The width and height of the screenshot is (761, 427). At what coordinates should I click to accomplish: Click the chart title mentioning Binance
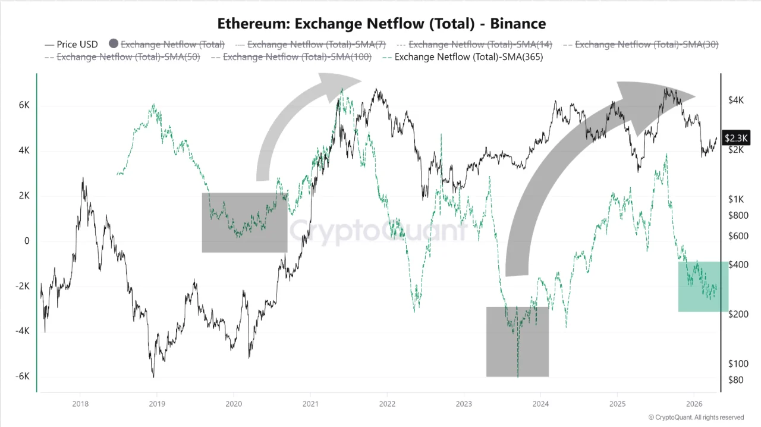[381, 24]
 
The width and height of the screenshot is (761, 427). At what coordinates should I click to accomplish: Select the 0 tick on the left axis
[27, 241]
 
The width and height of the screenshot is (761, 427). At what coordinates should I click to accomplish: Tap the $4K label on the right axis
[736, 101]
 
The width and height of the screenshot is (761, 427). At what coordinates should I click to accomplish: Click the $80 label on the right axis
[735, 380]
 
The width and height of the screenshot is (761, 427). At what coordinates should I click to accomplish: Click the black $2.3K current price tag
[736, 138]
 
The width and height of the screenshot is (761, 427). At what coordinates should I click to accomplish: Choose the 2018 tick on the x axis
[80, 404]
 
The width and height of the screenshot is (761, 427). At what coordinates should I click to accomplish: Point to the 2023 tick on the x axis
[464, 404]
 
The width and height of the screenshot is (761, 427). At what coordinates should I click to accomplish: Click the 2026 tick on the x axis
[694, 404]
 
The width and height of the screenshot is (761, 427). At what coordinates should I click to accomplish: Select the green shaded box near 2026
[703, 286]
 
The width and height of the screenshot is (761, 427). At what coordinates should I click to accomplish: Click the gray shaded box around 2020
[244, 222]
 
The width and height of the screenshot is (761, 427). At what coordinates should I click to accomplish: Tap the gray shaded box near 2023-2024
[517, 341]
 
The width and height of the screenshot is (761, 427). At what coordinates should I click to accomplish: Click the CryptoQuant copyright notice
[696, 417]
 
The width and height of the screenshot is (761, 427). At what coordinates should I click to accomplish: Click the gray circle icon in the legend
[114, 44]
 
